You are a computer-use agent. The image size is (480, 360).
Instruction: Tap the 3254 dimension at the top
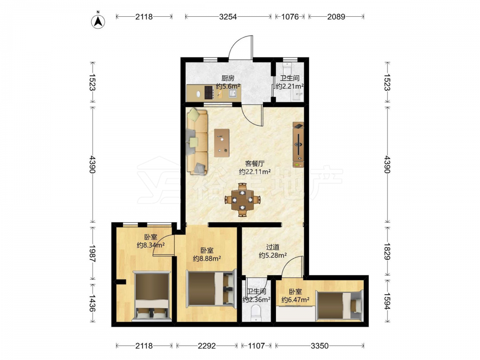click(x=228, y=17)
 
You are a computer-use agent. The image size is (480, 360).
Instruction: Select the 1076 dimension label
click(x=290, y=17)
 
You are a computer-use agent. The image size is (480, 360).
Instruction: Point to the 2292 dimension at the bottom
click(x=206, y=346)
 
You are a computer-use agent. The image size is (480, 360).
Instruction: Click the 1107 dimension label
click(x=256, y=346)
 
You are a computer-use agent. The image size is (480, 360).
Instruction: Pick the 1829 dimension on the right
click(x=387, y=252)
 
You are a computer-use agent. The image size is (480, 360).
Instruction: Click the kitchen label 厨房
click(x=228, y=78)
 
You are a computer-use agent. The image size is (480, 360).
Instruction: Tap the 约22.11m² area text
click(x=255, y=172)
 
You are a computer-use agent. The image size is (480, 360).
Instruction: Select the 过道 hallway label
click(x=273, y=247)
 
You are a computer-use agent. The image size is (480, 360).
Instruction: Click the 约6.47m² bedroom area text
click(x=295, y=300)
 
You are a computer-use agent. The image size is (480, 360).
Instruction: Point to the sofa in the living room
click(x=197, y=141)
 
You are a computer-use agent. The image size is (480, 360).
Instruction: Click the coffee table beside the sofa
click(x=222, y=143)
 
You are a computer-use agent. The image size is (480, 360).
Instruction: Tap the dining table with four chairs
click(x=242, y=200)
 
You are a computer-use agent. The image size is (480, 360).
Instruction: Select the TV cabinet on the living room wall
click(x=299, y=145)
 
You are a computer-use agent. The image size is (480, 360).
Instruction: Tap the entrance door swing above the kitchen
click(x=241, y=48)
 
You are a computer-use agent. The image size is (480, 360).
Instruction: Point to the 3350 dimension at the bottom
click(x=320, y=346)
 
